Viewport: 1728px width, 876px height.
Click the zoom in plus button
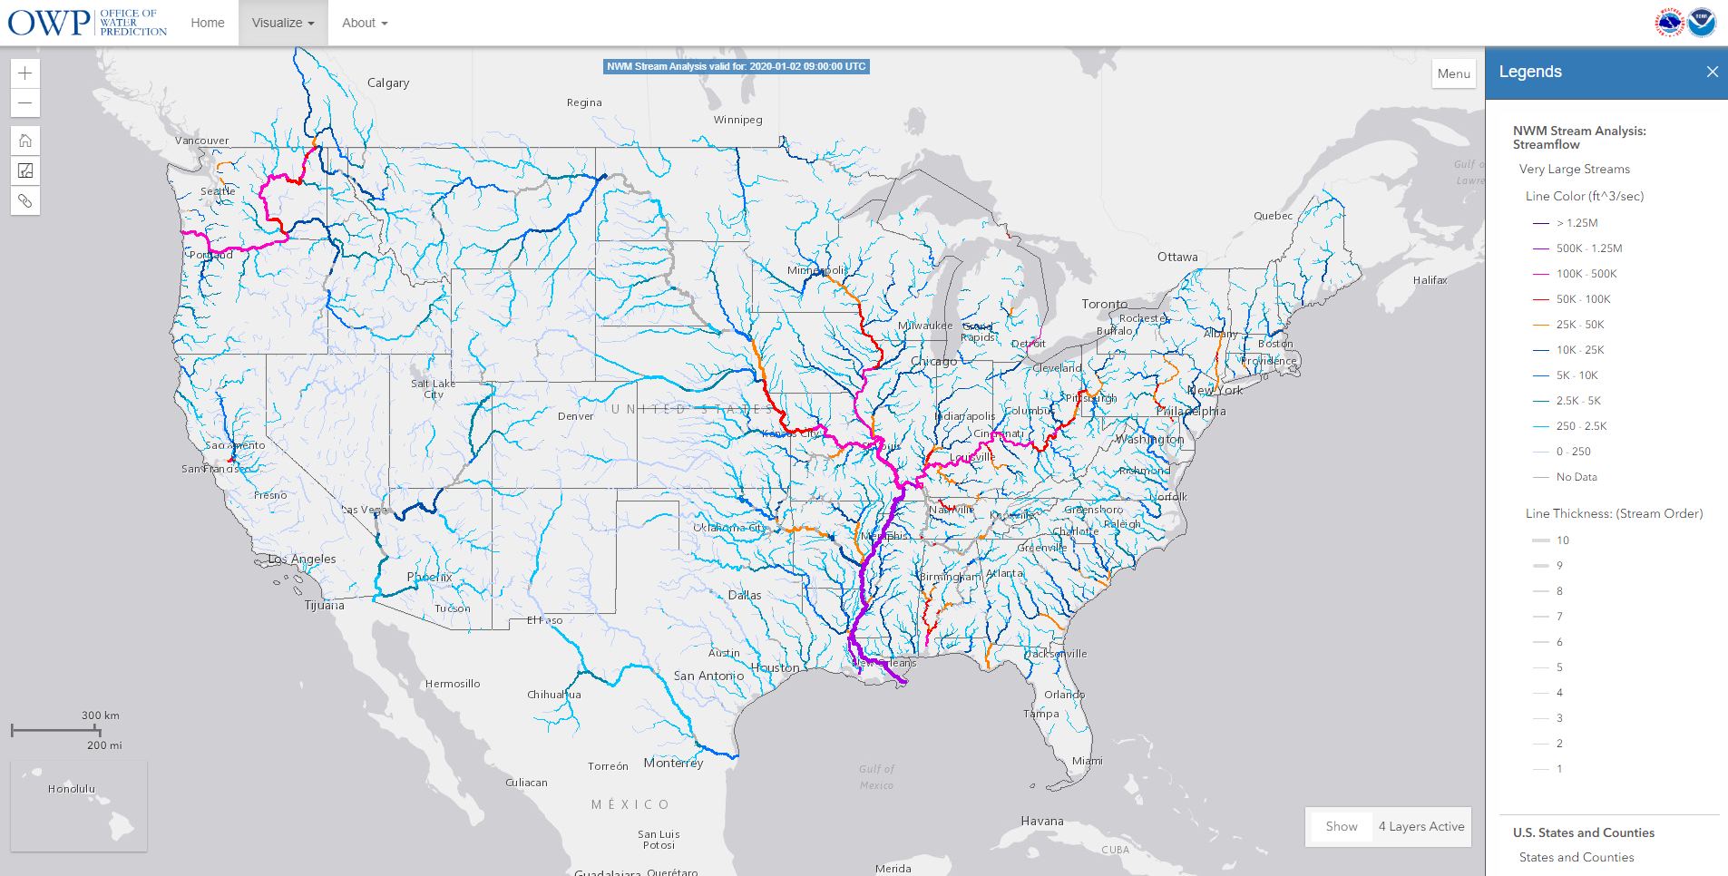point(25,73)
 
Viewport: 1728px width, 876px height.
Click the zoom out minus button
point(25,103)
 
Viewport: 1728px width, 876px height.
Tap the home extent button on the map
point(25,141)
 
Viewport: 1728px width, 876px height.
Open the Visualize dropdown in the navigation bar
point(282,23)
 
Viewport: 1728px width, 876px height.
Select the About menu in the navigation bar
point(364,23)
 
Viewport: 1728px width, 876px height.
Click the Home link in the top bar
point(208,23)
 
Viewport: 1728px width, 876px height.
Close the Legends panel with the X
point(1712,72)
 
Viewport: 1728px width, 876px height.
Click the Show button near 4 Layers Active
point(1341,826)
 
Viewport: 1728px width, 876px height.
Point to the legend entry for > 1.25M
point(1577,223)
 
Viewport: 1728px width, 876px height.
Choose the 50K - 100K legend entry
point(1583,299)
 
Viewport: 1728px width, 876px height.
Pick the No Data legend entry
point(1577,477)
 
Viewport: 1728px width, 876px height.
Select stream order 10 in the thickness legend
point(1562,540)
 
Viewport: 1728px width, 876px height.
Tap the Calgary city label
point(388,83)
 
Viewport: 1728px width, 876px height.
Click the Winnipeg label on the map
point(737,120)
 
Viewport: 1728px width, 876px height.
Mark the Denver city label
point(575,416)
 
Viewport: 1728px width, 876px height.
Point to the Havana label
point(1041,821)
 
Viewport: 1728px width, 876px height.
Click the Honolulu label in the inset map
point(71,789)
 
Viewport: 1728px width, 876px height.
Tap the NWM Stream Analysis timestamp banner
point(736,66)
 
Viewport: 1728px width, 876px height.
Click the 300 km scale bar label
point(100,715)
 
